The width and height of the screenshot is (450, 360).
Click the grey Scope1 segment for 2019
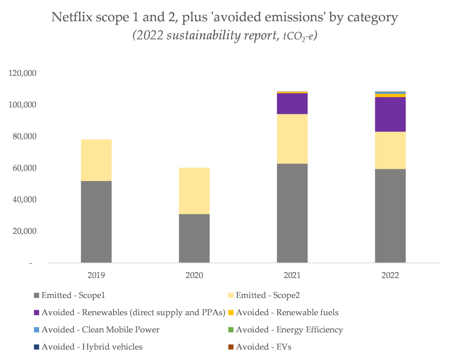pos(96,222)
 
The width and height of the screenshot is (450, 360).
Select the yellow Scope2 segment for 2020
pos(194,191)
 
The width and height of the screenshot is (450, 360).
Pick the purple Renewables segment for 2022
pos(390,114)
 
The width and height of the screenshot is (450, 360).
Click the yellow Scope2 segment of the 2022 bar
pos(390,150)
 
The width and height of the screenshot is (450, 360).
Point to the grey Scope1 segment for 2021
pos(292,213)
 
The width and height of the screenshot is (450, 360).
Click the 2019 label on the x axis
pos(96,276)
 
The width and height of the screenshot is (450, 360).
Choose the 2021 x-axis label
pos(292,276)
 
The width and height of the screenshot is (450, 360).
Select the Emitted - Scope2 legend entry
pos(269,295)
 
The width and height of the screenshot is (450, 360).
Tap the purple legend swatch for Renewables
pos(36,313)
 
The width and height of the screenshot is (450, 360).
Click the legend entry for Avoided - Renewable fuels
pos(287,313)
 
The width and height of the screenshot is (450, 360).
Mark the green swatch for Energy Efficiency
pos(231,330)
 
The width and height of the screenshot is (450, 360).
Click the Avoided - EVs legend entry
pos(263,347)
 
